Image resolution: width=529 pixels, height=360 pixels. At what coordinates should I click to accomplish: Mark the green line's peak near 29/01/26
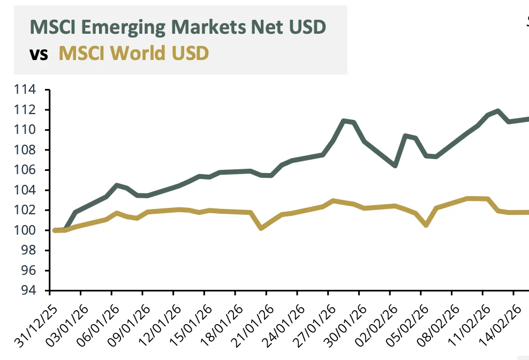click(x=343, y=121)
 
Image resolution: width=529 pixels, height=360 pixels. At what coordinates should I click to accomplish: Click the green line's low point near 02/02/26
click(x=395, y=166)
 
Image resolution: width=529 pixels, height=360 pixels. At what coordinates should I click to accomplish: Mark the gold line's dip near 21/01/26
click(x=261, y=228)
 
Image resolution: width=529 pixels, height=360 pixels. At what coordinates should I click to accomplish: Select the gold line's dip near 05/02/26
click(x=426, y=225)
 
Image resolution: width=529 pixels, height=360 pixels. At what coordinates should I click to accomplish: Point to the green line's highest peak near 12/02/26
click(x=498, y=111)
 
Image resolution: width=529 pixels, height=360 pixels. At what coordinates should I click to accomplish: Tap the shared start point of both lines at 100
click(x=56, y=230)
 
